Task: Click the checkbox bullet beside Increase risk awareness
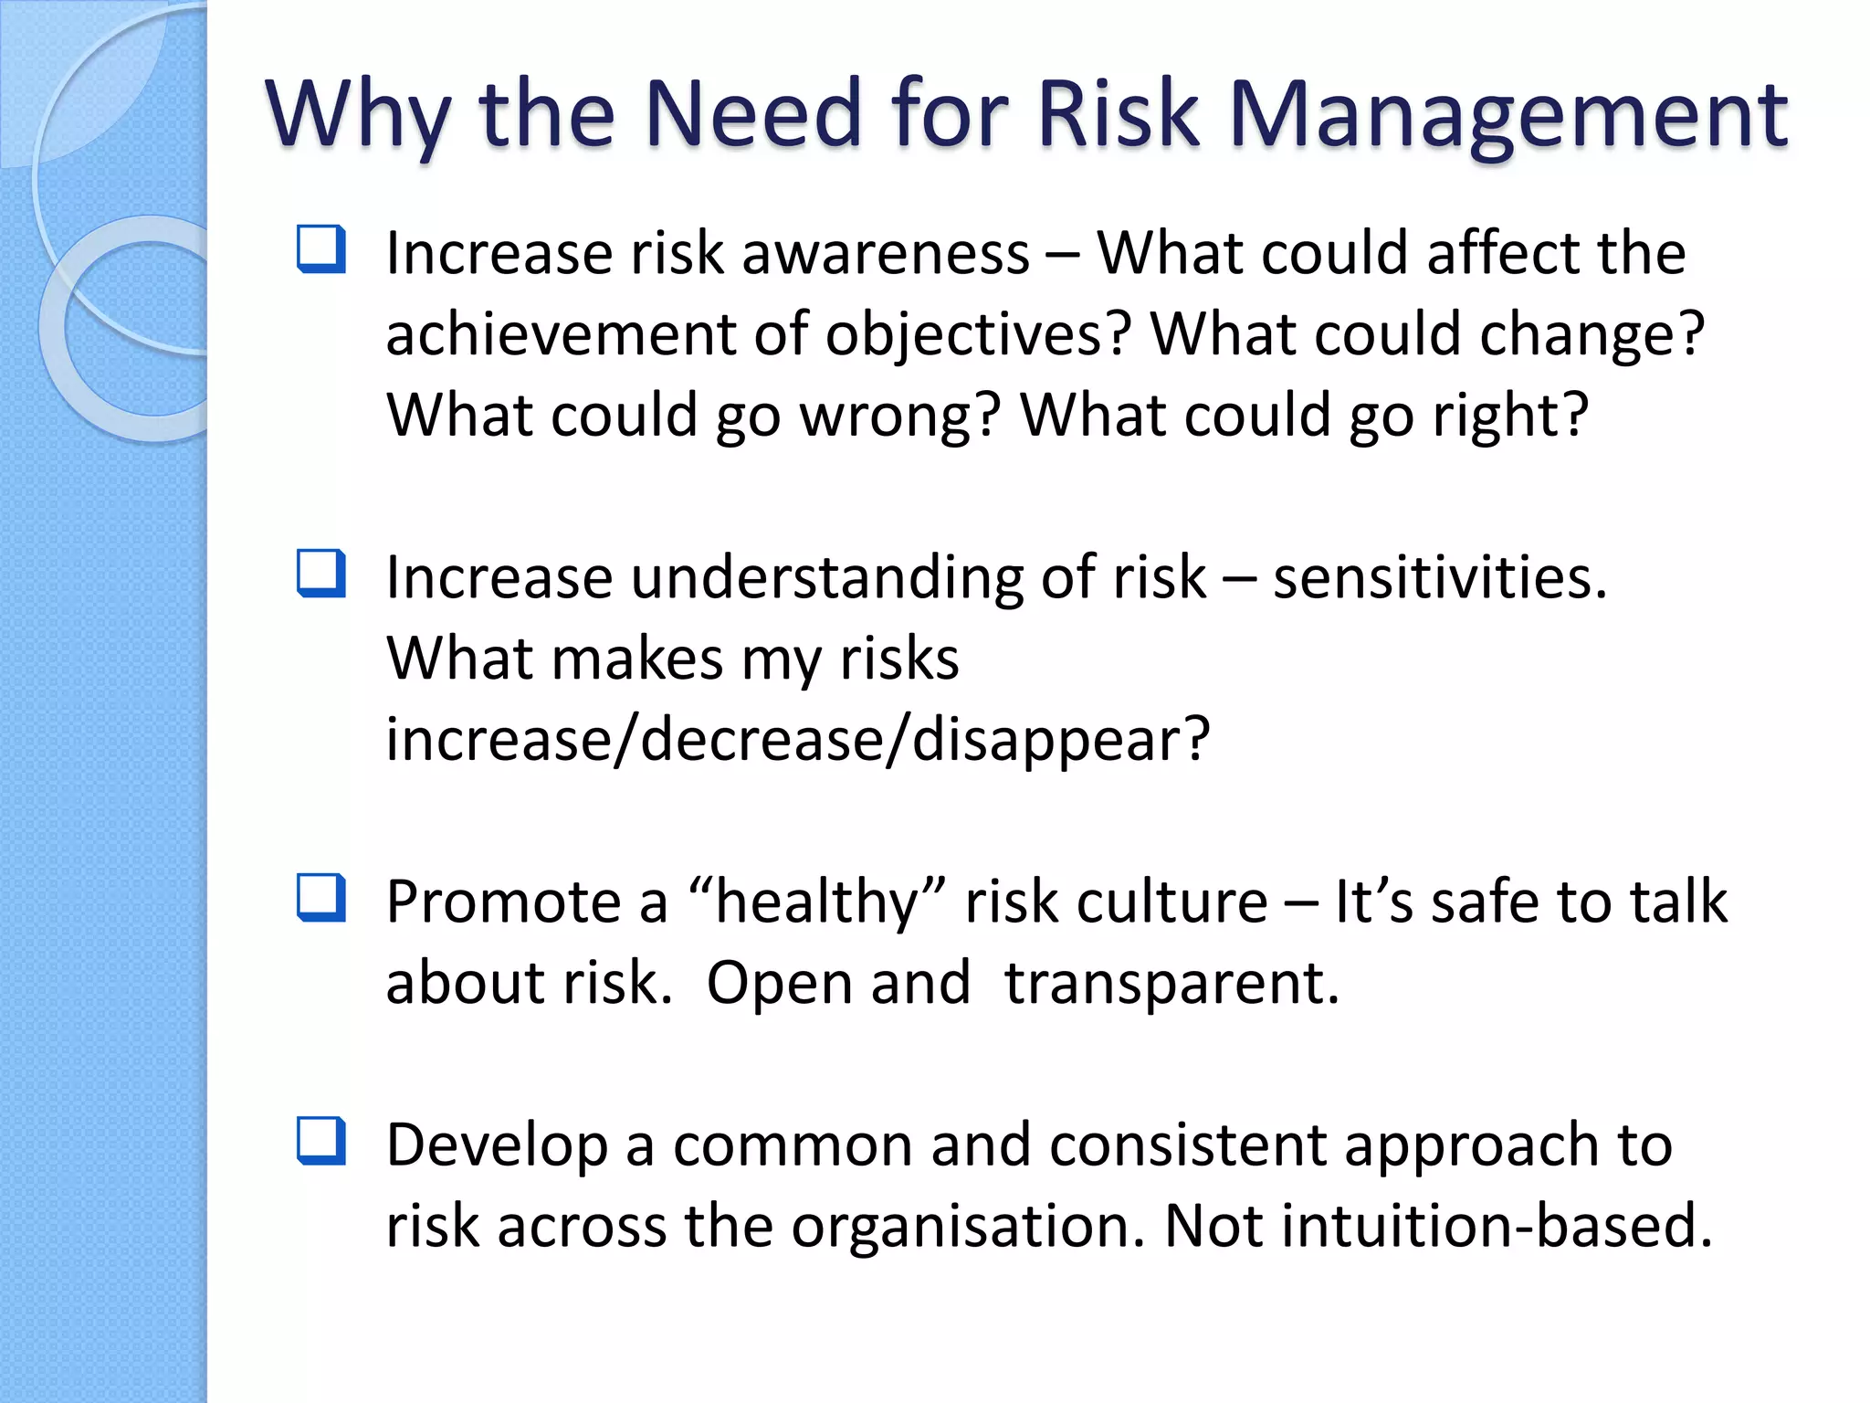click(x=321, y=249)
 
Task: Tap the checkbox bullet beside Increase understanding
click(x=321, y=574)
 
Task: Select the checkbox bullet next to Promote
click(x=321, y=898)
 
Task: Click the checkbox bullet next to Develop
click(x=321, y=1142)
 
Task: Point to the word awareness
click(x=886, y=253)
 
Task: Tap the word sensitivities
click(x=1440, y=578)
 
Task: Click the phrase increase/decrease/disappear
click(x=797, y=740)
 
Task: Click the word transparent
click(x=1171, y=984)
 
